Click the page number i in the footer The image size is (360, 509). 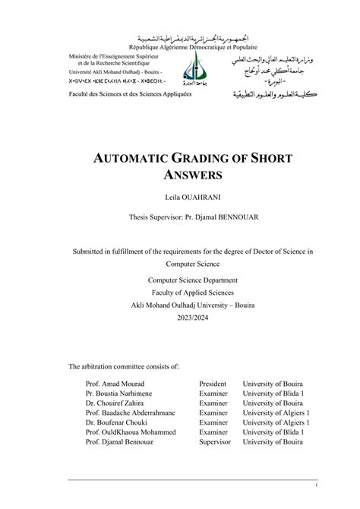[315, 484]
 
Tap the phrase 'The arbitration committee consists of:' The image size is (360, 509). [124, 366]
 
